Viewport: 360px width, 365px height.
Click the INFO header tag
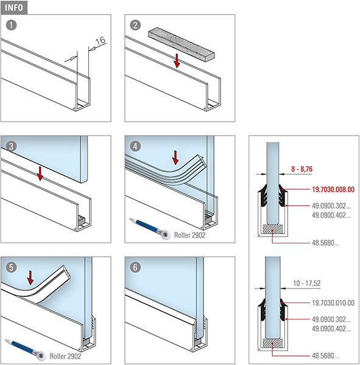tap(14, 7)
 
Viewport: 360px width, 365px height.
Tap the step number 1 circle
tap(11, 25)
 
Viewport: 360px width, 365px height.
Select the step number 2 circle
tap(135, 25)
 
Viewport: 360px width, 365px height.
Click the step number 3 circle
tap(11, 146)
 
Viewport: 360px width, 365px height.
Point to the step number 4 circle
tap(135, 146)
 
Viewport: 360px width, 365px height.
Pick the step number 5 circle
tap(11, 267)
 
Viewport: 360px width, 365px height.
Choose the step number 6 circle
tap(135, 267)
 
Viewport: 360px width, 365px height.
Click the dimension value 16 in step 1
tap(101, 41)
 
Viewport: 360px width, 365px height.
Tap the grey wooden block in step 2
tap(182, 44)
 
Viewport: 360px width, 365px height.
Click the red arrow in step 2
tap(177, 61)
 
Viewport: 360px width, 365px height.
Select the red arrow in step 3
tap(40, 173)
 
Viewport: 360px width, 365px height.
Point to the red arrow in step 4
tap(175, 158)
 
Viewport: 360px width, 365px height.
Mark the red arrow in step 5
tap(30, 277)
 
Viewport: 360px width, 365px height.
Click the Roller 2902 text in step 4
tap(190, 235)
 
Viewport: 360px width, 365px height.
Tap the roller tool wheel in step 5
tap(41, 356)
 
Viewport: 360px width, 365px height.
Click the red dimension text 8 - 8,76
tap(302, 169)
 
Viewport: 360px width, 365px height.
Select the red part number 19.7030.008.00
tap(333, 189)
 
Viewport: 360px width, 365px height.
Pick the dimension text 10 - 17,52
tap(307, 283)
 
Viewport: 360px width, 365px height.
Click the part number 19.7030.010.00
tap(333, 303)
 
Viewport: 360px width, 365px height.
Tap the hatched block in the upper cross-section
tap(272, 229)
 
